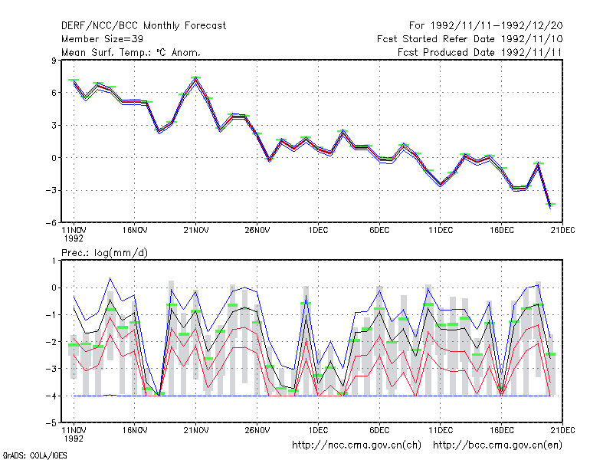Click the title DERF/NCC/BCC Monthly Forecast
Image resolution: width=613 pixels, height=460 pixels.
click(x=143, y=26)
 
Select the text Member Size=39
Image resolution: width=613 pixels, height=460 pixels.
click(x=102, y=39)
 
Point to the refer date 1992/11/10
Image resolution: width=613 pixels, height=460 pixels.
click(x=532, y=39)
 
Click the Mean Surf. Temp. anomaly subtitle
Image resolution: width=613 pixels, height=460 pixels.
click(x=131, y=52)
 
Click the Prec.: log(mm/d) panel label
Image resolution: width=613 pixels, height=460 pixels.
click(x=104, y=253)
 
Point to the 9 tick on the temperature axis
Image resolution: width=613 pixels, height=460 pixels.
click(x=54, y=61)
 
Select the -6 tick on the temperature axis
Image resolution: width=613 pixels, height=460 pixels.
click(x=51, y=222)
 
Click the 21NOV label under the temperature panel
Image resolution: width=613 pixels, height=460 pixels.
click(x=196, y=231)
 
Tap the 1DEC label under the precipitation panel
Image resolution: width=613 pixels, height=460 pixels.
click(x=318, y=430)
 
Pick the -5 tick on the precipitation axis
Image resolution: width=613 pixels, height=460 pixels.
click(x=51, y=423)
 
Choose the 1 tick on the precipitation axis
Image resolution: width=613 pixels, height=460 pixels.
click(x=54, y=261)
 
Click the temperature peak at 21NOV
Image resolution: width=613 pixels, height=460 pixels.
click(x=196, y=79)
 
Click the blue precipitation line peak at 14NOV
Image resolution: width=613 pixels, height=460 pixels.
click(x=110, y=278)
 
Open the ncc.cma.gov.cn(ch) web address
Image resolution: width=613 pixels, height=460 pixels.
click(x=356, y=445)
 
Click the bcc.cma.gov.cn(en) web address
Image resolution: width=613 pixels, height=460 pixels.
click(x=497, y=445)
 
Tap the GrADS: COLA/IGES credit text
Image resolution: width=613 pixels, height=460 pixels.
click(x=34, y=455)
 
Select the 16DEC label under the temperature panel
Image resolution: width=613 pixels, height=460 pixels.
click(x=502, y=231)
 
